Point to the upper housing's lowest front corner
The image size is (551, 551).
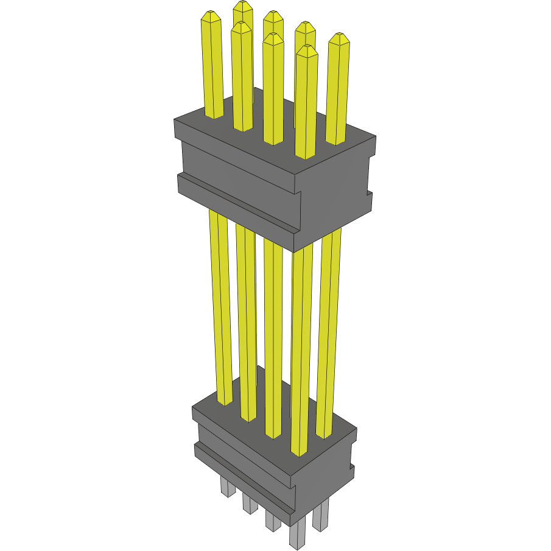295,250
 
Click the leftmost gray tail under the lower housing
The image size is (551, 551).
226,487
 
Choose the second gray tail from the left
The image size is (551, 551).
249,503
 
